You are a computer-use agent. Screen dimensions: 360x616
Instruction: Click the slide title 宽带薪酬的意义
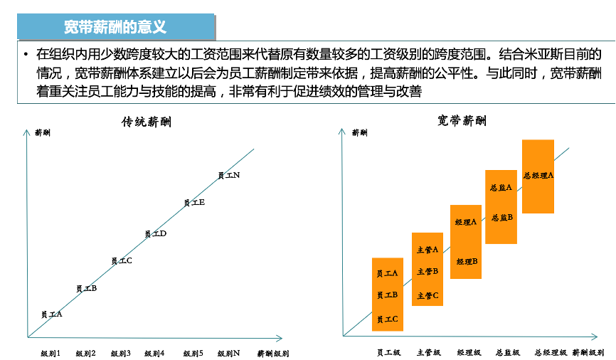[x=115, y=27]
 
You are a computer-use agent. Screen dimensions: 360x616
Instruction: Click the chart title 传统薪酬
[x=146, y=122]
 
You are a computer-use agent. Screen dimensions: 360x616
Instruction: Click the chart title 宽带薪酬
[x=462, y=121]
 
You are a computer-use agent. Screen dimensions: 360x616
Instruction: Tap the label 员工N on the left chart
[x=228, y=175]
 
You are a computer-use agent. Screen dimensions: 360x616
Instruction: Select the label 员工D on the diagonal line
[x=155, y=233]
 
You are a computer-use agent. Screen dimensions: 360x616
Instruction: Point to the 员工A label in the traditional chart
[x=52, y=314]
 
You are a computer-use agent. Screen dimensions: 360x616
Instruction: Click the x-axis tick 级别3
[x=120, y=353]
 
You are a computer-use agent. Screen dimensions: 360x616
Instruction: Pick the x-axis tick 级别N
[x=228, y=353]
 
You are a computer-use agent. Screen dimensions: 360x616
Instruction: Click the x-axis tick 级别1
[x=51, y=353]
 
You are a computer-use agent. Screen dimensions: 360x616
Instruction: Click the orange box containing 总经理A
[x=538, y=176]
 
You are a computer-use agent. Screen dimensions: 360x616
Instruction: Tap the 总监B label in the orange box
[x=501, y=218]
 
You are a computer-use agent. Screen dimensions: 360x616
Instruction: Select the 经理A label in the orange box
[x=466, y=222]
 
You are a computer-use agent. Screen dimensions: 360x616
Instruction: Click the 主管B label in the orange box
[x=428, y=271]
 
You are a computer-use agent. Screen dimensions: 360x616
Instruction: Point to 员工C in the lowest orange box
[x=387, y=319]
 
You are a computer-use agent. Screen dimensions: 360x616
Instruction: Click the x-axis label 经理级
[x=468, y=352]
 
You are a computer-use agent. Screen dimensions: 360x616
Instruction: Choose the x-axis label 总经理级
[x=551, y=352]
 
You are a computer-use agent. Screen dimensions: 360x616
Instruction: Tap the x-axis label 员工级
[x=388, y=352]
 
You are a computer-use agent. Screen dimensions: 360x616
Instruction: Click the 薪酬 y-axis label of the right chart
[x=359, y=132]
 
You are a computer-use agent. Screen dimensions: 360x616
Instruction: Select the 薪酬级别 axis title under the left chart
[x=272, y=353]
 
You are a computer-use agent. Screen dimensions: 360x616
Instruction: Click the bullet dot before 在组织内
[x=26, y=54]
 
